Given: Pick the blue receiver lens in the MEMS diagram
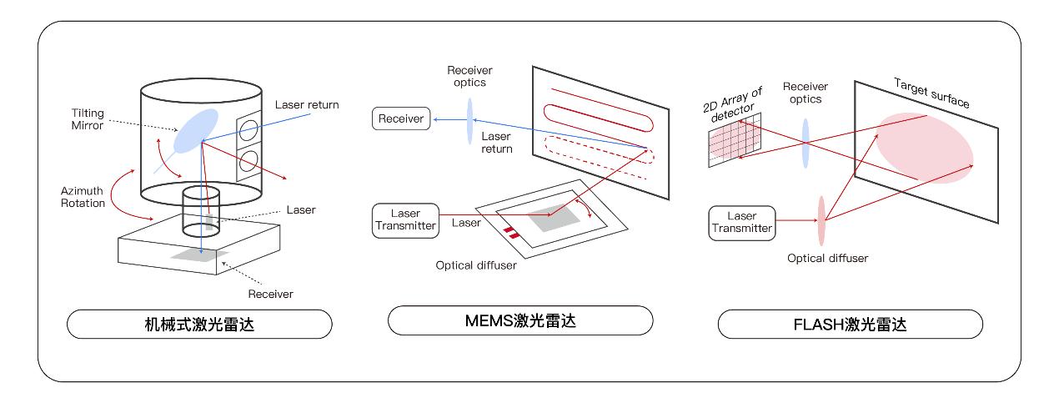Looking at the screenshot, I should (469, 120).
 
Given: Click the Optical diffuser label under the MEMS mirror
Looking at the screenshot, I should (475, 265).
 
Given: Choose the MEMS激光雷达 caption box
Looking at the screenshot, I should (519, 320).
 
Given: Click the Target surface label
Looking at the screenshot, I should (931, 93).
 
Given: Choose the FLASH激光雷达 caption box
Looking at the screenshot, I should (850, 324).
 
